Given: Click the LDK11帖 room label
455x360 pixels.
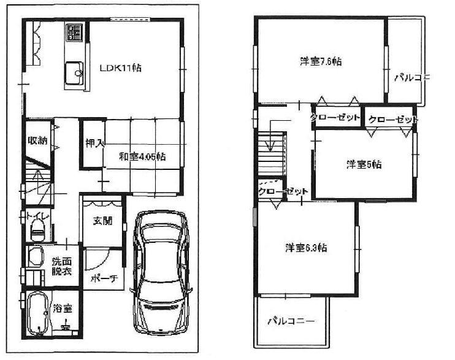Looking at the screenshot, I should coord(121,68).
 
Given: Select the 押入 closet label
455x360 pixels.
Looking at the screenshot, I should coord(94,145).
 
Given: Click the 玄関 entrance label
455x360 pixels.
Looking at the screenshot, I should coord(103,221).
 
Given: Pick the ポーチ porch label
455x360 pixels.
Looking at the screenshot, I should coord(103,278).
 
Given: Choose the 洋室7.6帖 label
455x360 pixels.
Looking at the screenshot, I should coord(321,61).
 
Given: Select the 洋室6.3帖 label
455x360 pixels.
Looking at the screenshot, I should coord(305,248).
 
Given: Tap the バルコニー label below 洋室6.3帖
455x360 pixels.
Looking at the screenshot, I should coord(292,321).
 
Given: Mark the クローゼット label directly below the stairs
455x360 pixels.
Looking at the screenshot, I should coord(283,192).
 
